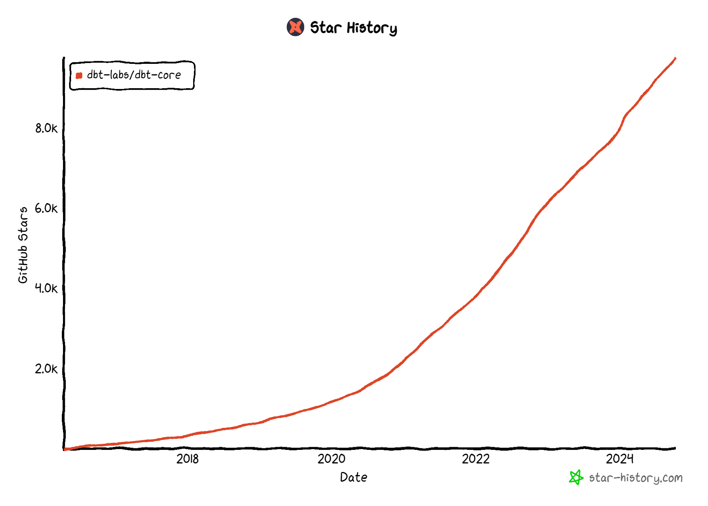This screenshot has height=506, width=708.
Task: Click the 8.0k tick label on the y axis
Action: coord(46,128)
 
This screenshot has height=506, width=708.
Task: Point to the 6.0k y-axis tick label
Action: coord(46,208)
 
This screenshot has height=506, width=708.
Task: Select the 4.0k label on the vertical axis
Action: coord(46,288)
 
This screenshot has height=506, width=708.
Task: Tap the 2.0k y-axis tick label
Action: coord(46,369)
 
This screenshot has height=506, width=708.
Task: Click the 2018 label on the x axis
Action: coord(187,459)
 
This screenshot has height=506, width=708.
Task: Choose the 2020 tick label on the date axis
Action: coord(331,459)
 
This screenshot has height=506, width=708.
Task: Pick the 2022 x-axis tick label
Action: coord(475,459)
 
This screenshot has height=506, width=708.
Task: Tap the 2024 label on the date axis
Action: coord(619,459)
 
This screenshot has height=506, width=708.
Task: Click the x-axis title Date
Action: coord(354,477)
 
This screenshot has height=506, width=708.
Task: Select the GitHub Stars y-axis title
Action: coord(23,245)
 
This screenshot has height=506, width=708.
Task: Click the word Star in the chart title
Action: coord(326,27)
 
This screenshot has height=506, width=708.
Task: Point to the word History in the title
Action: coord(372,28)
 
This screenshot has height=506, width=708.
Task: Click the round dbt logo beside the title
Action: coord(295,27)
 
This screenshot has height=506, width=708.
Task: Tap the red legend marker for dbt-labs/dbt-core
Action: coord(79,75)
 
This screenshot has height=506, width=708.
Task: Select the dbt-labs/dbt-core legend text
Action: coord(134,75)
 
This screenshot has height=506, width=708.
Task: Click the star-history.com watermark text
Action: coord(635,478)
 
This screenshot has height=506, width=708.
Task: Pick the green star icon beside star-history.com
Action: coord(576,477)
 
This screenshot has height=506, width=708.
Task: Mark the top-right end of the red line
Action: coord(675,58)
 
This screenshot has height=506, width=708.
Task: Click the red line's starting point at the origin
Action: coord(65,449)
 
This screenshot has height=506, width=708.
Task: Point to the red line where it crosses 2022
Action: coord(475,297)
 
